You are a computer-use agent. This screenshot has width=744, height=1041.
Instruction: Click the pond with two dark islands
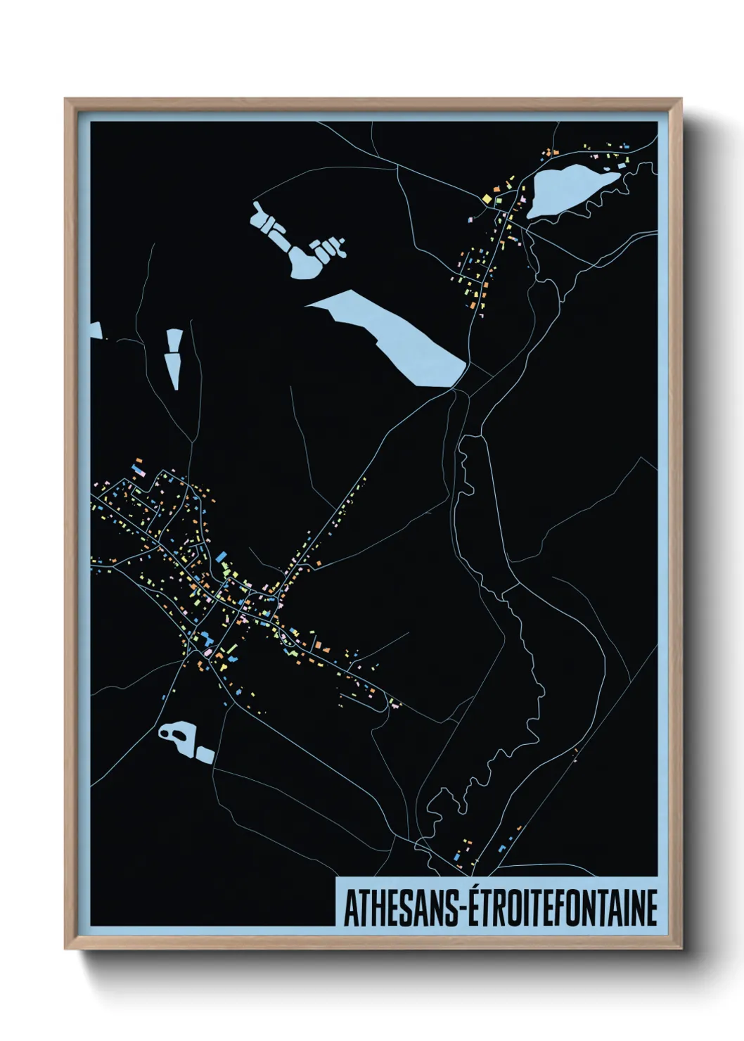point(177,736)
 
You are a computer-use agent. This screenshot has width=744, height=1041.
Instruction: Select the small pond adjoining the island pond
point(205,755)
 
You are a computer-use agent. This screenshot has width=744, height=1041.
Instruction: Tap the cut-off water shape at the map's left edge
point(96,331)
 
